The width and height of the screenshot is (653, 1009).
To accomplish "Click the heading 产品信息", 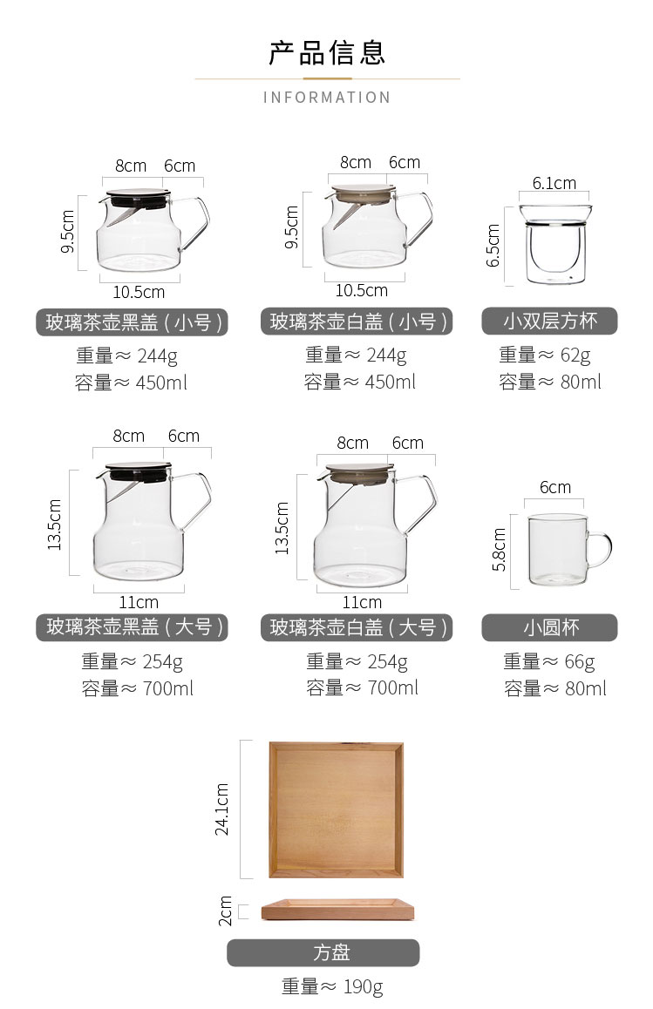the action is click(326, 53).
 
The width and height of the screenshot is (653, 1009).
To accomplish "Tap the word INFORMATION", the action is click(326, 98).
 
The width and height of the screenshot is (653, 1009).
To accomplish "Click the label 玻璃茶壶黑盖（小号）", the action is click(132, 322).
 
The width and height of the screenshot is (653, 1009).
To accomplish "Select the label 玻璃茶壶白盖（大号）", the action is click(357, 627).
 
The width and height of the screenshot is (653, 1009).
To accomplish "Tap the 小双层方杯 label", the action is click(549, 322).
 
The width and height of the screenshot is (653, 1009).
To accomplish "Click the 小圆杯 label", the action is click(549, 627).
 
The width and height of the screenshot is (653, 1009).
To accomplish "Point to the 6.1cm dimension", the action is click(554, 183).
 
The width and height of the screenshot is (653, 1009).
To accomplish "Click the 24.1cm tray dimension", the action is click(222, 809).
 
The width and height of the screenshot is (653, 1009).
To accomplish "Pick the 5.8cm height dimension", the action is click(499, 550).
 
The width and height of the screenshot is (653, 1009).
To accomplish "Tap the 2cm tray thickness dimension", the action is click(225, 911).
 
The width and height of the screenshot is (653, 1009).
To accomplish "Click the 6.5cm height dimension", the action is click(493, 245).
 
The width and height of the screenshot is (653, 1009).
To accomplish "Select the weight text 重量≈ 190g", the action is click(332, 986).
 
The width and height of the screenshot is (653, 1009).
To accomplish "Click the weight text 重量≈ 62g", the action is click(545, 355).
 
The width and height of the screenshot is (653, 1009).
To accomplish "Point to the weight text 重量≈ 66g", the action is click(549, 661).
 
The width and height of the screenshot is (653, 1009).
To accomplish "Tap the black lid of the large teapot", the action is click(139, 471).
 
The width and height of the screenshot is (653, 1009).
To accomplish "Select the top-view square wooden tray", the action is click(337, 809).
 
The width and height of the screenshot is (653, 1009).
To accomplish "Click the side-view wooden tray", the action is click(337, 910).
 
